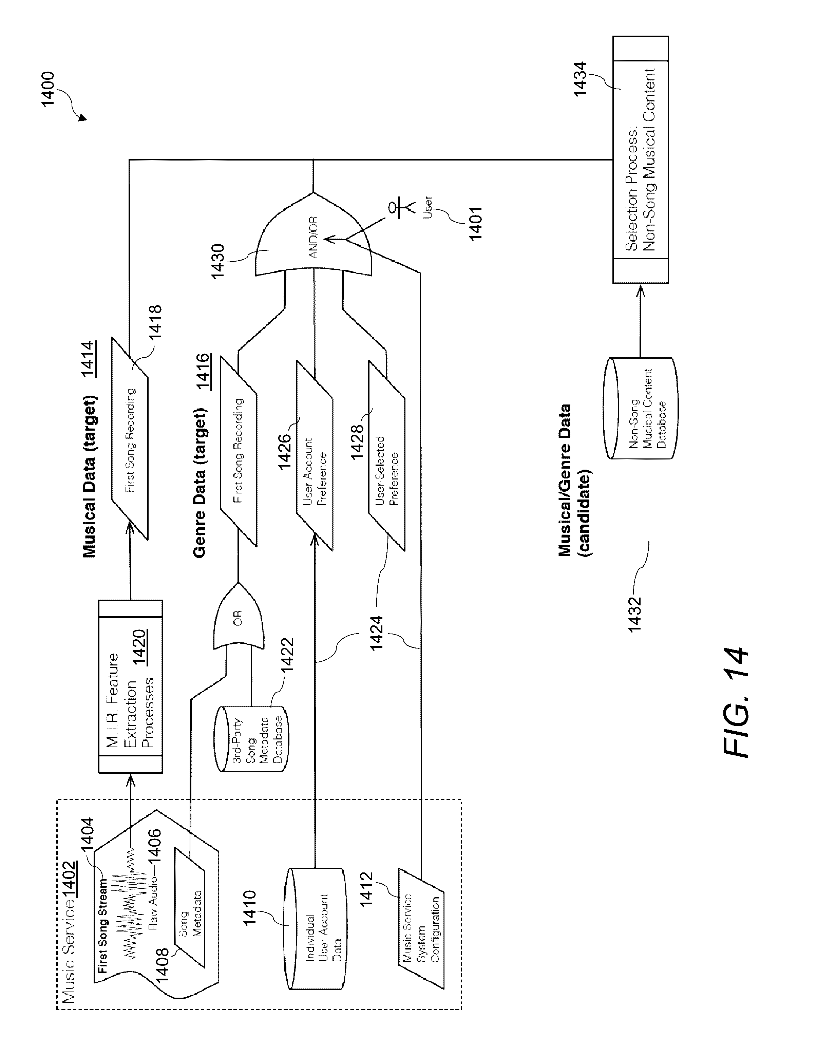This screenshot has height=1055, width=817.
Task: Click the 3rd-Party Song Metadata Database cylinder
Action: point(251,739)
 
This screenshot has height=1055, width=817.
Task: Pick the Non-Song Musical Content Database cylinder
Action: point(641,408)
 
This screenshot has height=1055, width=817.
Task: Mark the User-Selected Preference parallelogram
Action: point(386,470)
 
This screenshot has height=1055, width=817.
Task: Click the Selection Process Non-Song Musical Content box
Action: point(640,159)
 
